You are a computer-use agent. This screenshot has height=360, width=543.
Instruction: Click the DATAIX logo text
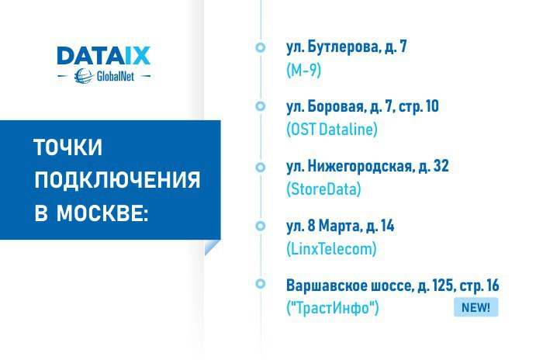(103, 55)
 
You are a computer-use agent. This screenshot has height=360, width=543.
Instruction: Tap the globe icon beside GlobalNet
(84, 76)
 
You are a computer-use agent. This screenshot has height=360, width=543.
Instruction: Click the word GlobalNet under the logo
(116, 76)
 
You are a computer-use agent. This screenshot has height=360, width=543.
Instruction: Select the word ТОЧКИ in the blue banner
(68, 147)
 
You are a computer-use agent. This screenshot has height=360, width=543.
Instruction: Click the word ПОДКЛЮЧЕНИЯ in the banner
(117, 179)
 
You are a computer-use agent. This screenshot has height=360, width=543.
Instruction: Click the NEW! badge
(476, 307)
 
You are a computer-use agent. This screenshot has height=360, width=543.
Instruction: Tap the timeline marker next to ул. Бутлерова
(261, 47)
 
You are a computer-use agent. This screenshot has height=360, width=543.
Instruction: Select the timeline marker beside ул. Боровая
(261, 106)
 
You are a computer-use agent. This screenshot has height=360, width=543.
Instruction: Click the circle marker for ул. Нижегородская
(261, 167)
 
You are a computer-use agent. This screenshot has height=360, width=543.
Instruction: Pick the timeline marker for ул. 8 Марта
(261, 226)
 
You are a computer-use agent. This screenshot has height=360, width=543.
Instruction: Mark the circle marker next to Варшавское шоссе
(261, 284)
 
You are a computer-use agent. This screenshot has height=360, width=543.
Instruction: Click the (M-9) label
(304, 71)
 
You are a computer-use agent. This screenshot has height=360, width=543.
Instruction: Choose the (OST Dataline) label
(332, 130)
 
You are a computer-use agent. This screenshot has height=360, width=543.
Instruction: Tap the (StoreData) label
(323, 189)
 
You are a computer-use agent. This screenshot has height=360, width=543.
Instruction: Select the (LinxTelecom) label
(331, 249)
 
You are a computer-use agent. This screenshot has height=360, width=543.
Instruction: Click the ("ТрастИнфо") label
(333, 308)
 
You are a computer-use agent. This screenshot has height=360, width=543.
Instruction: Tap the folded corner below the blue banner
(212, 247)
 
